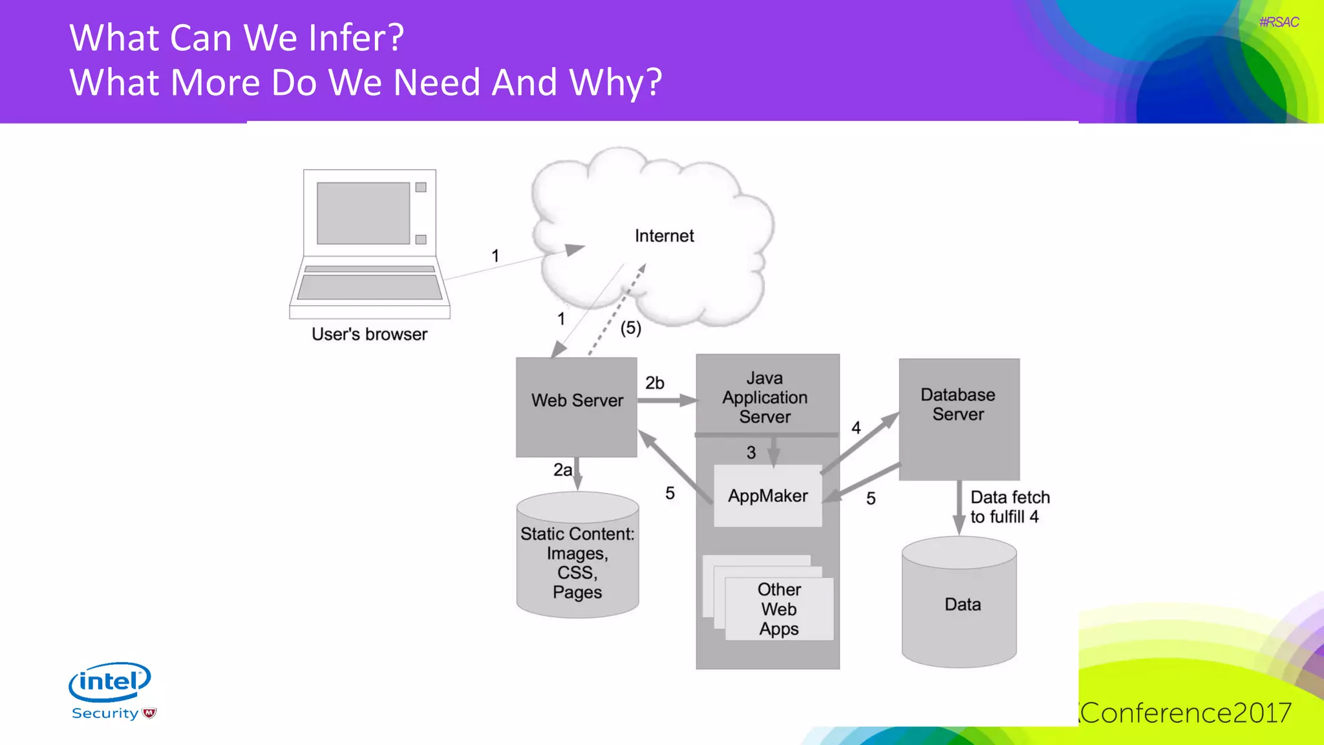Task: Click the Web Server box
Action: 576,407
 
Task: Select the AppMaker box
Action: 767,496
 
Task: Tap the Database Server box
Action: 959,419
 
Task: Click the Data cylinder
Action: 959,605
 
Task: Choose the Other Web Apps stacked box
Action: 778,609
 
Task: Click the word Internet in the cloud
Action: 664,236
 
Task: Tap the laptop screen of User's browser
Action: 363,213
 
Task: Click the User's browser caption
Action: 369,334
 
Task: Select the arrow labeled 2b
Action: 666,401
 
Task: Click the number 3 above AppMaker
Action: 751,453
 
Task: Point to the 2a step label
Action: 562,470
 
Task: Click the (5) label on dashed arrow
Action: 630,328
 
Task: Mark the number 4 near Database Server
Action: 856,427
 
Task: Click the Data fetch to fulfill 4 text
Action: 1009,507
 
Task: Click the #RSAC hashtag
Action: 1278,23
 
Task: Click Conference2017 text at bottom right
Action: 1186,713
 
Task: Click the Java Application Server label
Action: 765,397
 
